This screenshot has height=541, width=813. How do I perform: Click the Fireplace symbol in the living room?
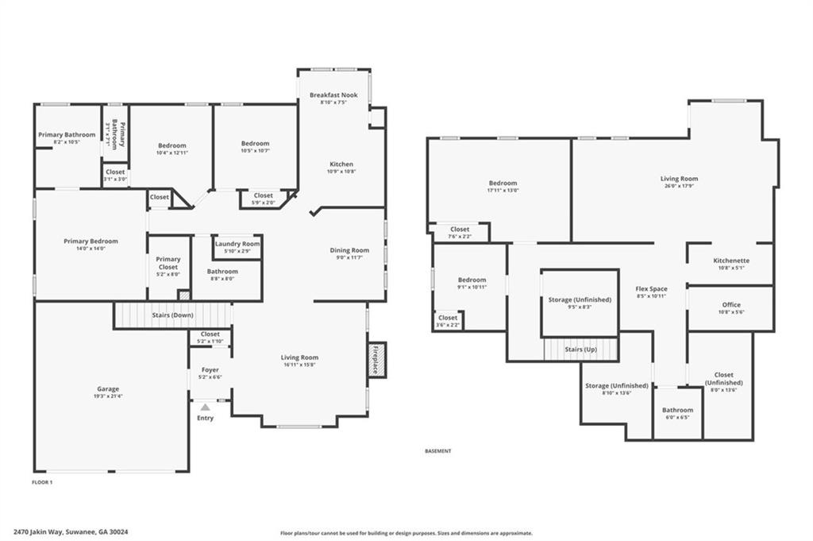(377, 360)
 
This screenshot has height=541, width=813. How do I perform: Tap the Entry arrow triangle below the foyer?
(205, 407)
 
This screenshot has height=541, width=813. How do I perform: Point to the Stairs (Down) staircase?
(172, 315)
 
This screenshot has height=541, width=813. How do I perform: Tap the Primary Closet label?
(168, 259)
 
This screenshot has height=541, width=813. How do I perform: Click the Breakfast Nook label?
(333, 95)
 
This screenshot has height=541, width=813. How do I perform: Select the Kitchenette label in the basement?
(730, 261)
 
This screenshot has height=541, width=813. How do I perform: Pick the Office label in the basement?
(730, 305)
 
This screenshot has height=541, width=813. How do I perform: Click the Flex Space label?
(651, 289)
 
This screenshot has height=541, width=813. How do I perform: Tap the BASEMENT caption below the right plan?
(438, 450)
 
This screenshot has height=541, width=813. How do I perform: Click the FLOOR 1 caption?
(42, 482)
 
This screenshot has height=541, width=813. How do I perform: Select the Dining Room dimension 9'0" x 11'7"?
(349, 258)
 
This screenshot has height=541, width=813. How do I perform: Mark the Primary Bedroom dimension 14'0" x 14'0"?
(91, 249)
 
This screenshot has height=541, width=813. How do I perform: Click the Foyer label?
(210, 370)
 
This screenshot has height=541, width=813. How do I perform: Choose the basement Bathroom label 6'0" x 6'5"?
(677, 417)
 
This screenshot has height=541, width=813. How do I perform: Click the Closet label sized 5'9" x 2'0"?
(263, 203)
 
